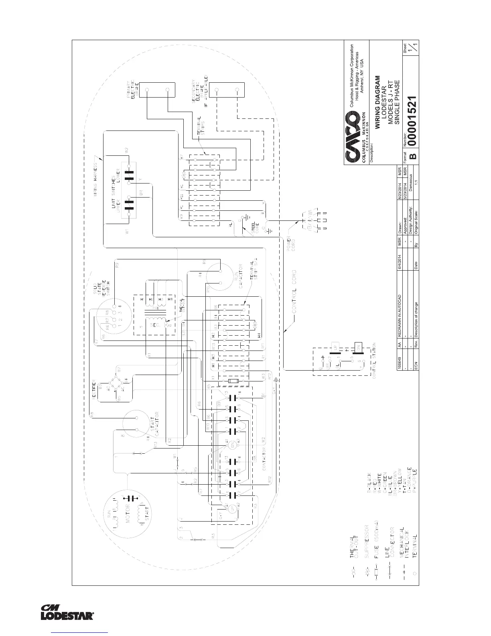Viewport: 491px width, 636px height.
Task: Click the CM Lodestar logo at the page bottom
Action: (x=67, y=612)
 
